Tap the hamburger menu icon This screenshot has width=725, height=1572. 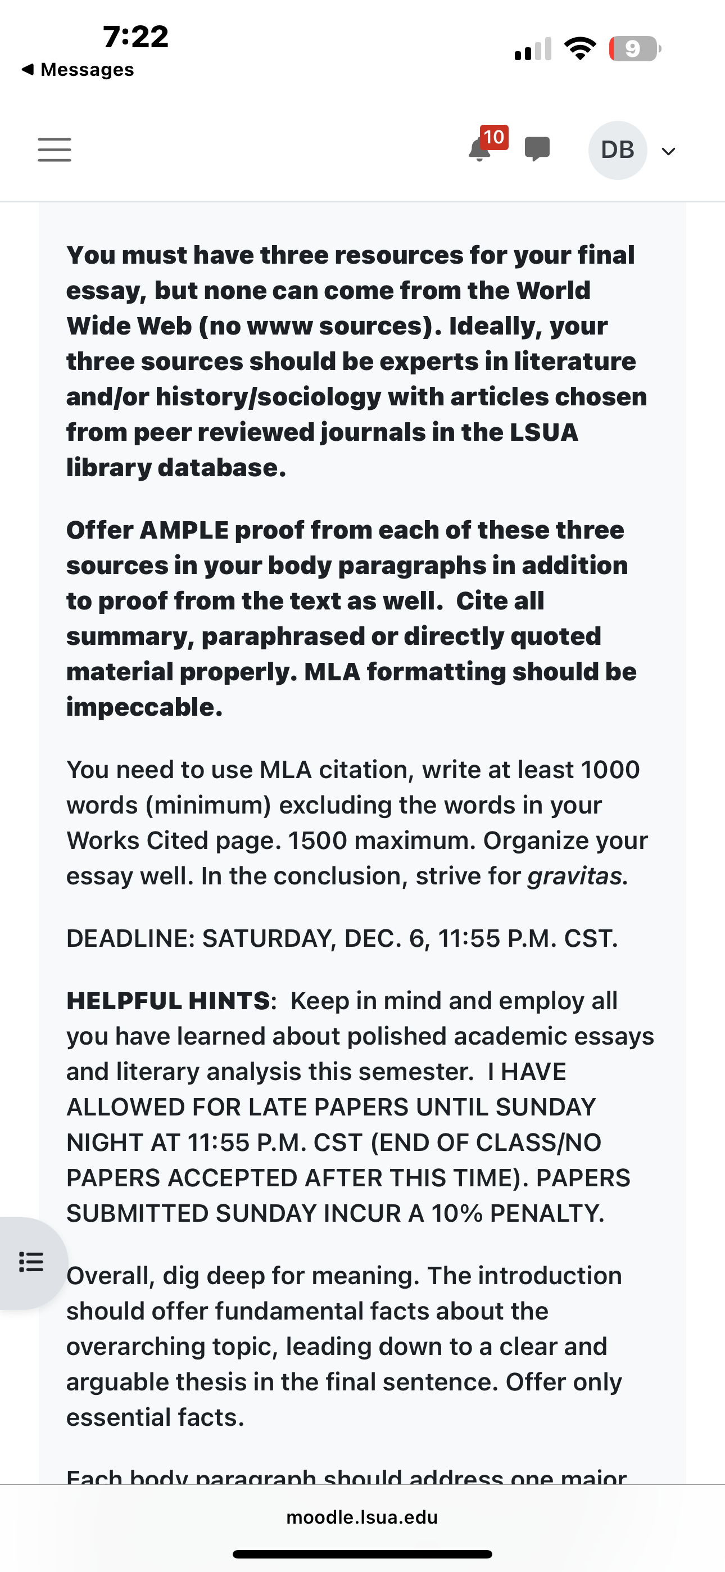(x=55, y=150)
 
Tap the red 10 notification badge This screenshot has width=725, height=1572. (x=493, y=137)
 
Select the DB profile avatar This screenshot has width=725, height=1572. (x=618, y=150)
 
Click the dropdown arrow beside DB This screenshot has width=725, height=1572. (x=669, y=151)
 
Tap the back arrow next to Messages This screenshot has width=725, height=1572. (x=28, y=70)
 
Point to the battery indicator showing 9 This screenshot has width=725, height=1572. (x=634, y=49)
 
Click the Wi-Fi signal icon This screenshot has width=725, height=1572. (x=580, y=48)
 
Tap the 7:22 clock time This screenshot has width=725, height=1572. (x=135, y=37)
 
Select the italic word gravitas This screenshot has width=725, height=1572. (x=574, y=877)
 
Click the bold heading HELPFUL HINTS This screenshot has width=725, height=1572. (x=169, y=1001)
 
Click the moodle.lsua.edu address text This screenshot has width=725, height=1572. (x=362, y=1517)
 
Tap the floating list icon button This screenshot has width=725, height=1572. (x=31, y=1262)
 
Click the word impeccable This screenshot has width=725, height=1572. (x=144, y=707)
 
